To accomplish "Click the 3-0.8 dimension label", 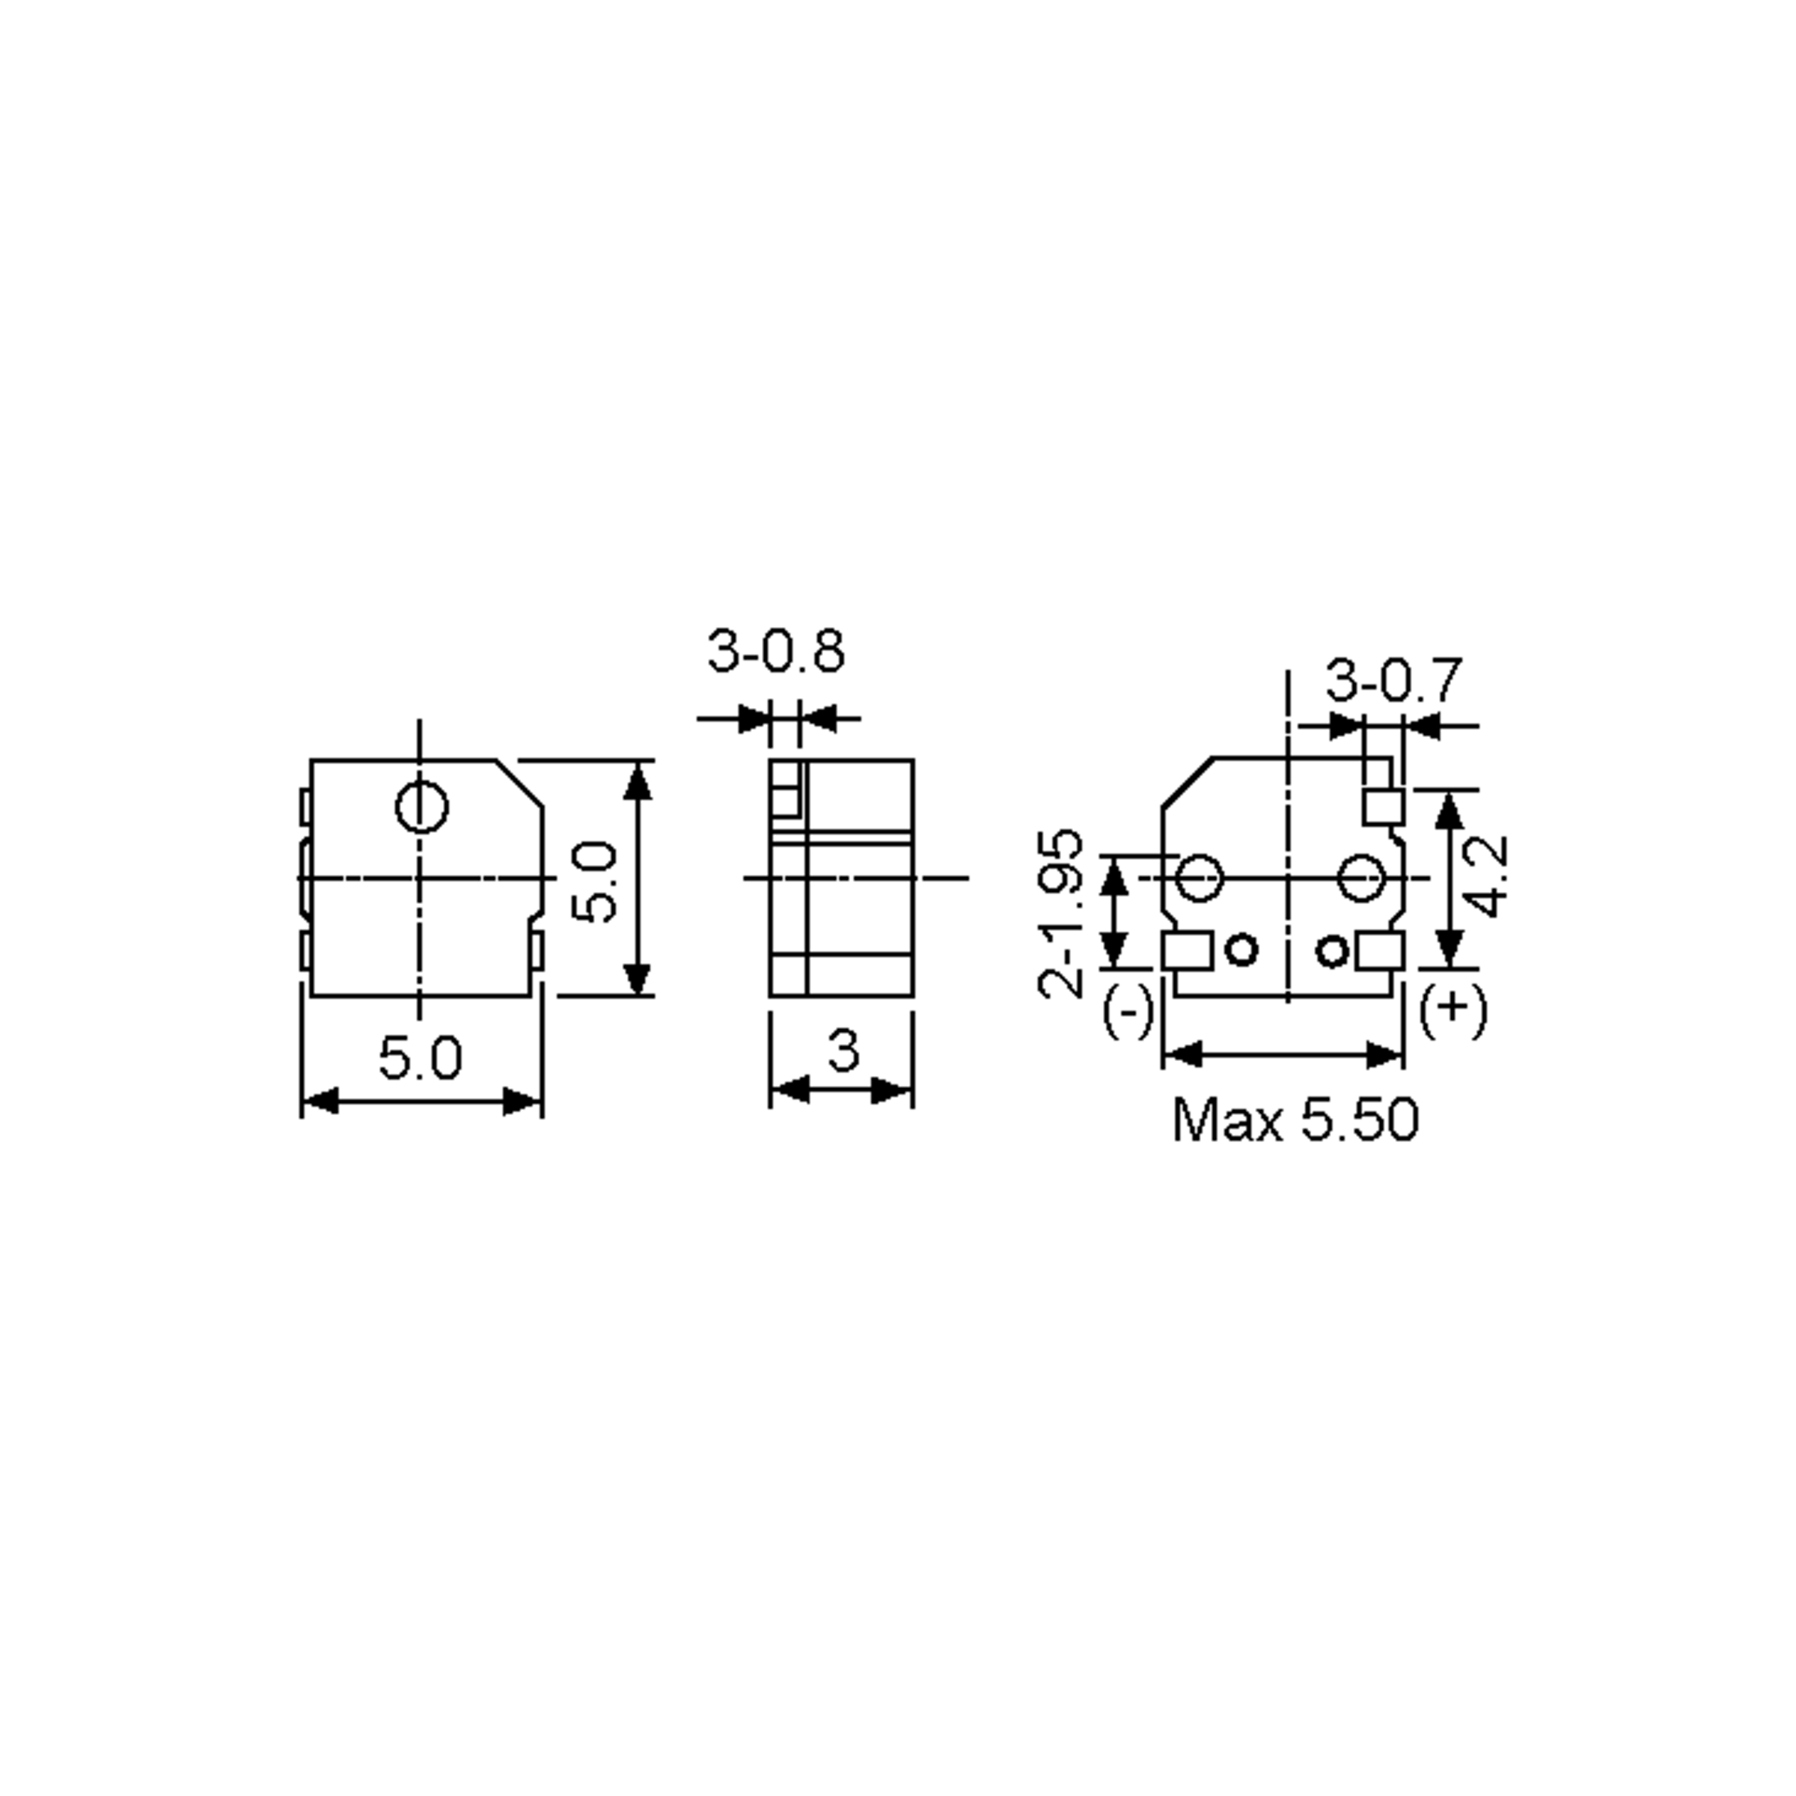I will click(x=775, y=652).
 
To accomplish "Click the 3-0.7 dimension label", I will click(x=1393, y=682).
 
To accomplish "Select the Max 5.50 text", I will click(x=1295, y=1120).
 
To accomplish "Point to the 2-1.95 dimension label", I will click(x=1060, y=914).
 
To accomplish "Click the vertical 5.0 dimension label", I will click(x=594, y=882).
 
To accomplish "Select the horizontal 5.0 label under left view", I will click(x=420, y=1058).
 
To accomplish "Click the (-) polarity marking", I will click(x=1128, y=1012).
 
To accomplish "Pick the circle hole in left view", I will click(x=421, y=806).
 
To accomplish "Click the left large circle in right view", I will click(x=1198, y=878).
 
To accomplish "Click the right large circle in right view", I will click(x=1361, y=878).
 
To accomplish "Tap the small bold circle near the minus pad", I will click(x=1242, y=950).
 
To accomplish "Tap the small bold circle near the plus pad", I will click(x=1333, y=951).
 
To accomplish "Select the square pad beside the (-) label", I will click(x=1187, y=951).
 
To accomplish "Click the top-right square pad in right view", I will click(x=1382, y=807).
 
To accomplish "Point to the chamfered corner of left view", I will click(x=519, y=783).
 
